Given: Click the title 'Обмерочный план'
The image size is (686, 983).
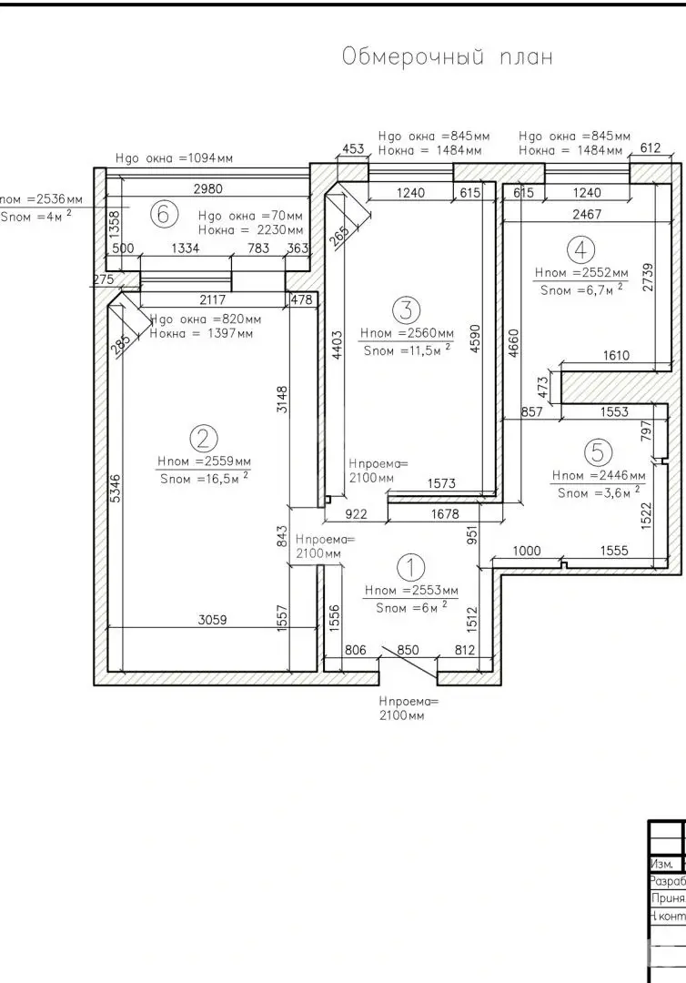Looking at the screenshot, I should (447, 57).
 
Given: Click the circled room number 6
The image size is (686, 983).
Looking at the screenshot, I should (163, 215).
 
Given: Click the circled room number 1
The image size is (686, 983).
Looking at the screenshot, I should (411, 568).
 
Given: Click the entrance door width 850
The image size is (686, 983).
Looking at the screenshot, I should (409, 650).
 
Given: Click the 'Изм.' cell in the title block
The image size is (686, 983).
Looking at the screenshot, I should (661, 864).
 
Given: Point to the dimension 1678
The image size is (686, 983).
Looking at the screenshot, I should (445, 514).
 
